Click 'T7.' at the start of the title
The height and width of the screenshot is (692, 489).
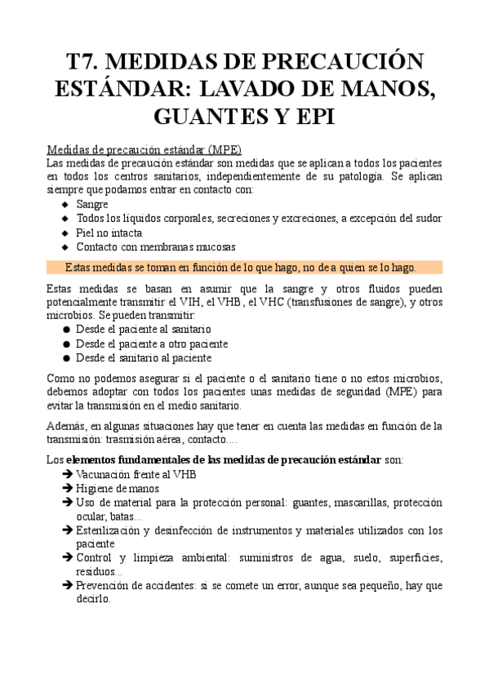(85, 62)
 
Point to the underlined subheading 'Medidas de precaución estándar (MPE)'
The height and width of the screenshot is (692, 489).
(143, 149)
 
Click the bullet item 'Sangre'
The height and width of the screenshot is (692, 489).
(92, 204)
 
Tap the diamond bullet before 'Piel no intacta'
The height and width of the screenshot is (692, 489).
(64, 233)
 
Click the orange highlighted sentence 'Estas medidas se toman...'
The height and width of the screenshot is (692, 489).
(241, 268)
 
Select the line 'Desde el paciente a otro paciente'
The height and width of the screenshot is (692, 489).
(152, 344)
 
